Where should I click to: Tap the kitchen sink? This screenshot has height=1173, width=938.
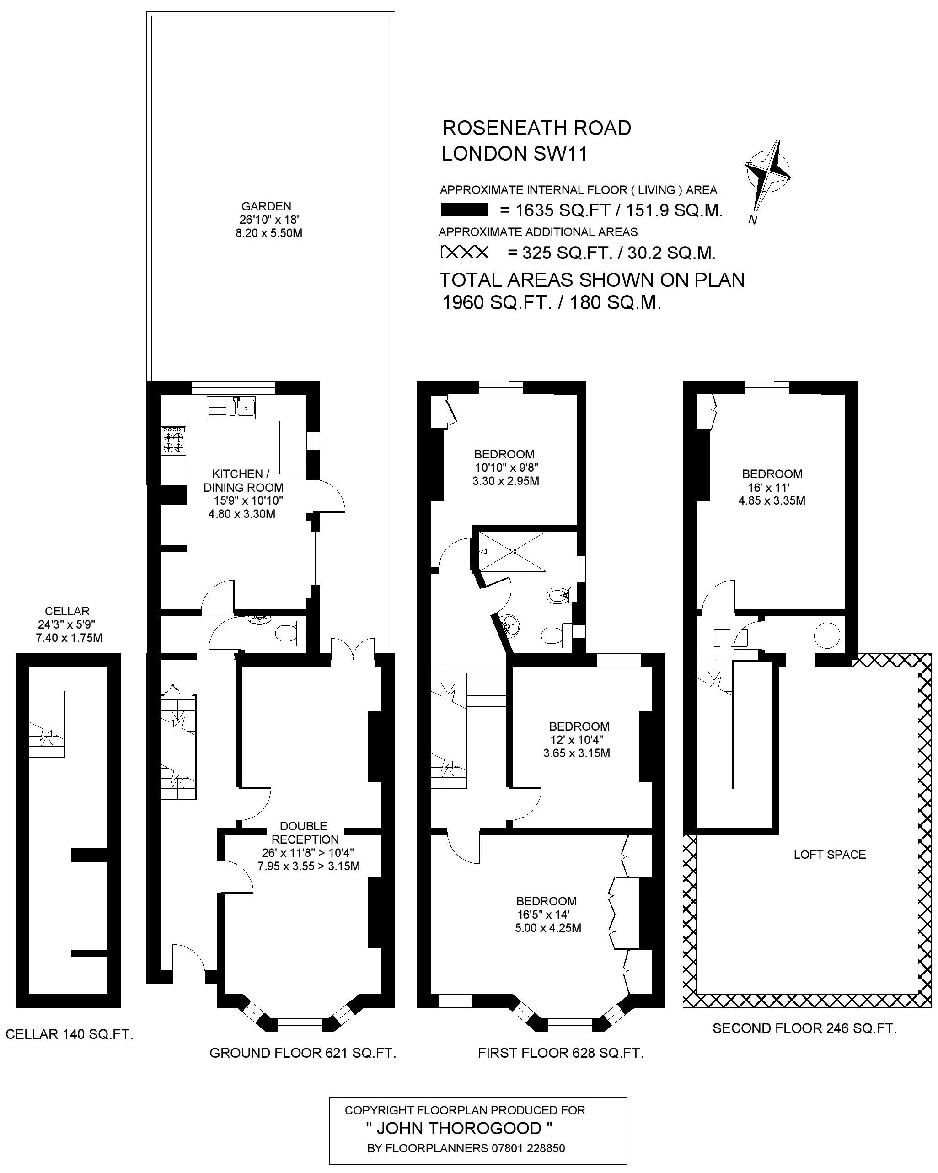[231, 407]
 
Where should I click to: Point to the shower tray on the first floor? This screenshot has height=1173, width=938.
[512, 552]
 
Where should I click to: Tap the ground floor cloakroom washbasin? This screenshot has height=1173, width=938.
[257, 620]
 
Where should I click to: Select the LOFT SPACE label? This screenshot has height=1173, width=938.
[829, 854]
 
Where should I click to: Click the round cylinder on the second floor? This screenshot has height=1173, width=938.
[826, 635]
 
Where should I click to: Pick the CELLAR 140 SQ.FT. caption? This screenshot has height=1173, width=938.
[70, 1034]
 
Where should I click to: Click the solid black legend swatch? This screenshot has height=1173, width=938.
[464, 210]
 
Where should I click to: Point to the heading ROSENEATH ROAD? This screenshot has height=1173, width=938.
[537, 128]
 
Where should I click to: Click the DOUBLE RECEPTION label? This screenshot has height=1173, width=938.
[305, 833]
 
